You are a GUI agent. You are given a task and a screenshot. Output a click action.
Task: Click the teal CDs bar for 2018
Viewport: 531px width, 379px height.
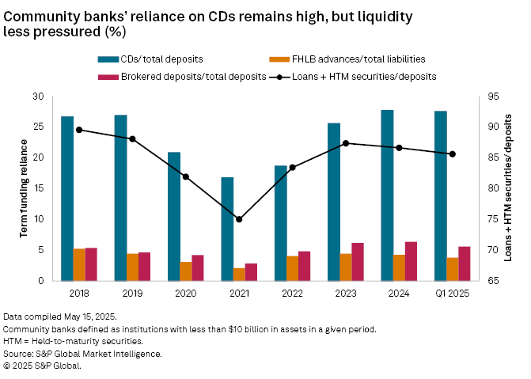coord(67,198)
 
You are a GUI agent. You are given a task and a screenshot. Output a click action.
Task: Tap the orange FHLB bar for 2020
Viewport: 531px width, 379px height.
coord(186,271)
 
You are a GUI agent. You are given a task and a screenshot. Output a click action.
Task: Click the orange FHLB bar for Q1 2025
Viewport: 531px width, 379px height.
coord(453,269)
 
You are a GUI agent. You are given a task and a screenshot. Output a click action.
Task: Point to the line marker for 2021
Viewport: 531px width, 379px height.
coord(239,219)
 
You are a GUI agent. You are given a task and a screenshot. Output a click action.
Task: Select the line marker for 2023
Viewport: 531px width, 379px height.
coord(345,143)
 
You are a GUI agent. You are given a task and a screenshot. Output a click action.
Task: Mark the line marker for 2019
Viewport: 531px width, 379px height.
coord(132,138)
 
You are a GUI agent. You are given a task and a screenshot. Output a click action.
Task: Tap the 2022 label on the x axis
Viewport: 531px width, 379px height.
coord(292,294)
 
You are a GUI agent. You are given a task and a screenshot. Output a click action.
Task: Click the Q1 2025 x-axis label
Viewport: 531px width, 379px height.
coord(452,294)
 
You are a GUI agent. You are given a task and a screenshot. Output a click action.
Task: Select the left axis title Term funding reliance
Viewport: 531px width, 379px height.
coord(25,188)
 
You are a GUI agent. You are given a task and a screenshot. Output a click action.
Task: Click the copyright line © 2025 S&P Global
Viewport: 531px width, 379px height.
coord(43,366)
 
